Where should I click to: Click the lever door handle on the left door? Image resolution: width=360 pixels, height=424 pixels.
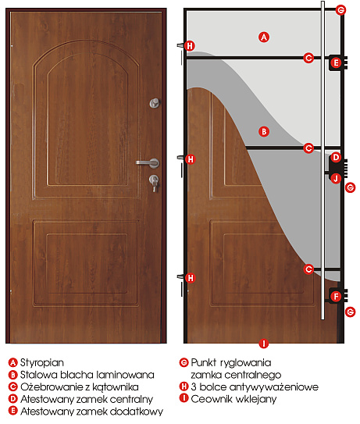(148, 163)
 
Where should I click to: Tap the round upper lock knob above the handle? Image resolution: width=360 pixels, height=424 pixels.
(155, 103)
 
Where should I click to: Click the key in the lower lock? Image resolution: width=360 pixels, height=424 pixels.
(155, 187)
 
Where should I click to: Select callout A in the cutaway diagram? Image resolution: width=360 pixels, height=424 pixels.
(264, 37)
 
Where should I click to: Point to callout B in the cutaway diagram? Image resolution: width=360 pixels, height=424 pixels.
(264, 132)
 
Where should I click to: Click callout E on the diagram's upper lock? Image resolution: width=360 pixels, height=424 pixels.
(337, 63)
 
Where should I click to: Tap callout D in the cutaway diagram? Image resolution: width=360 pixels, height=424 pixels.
(336, 158)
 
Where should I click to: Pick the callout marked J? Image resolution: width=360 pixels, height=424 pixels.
(336, 179)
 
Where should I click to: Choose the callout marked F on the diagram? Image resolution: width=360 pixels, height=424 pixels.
(337, 297)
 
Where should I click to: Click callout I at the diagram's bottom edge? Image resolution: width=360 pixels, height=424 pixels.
(264, 344)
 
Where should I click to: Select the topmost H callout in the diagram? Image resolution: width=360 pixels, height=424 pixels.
(190, 46)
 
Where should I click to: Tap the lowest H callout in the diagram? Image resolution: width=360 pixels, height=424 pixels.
(191, 278)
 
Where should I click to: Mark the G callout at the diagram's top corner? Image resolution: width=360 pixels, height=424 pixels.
(340, 10)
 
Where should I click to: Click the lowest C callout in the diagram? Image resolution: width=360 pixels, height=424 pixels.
(308, 269)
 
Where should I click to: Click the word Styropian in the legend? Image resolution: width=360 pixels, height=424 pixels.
(42, 362)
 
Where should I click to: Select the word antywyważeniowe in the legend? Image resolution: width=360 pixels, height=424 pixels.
(274, 387)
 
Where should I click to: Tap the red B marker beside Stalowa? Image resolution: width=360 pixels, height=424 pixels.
(12, 375)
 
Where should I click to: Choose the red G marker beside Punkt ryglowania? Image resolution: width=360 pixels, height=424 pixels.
(184, 362)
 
